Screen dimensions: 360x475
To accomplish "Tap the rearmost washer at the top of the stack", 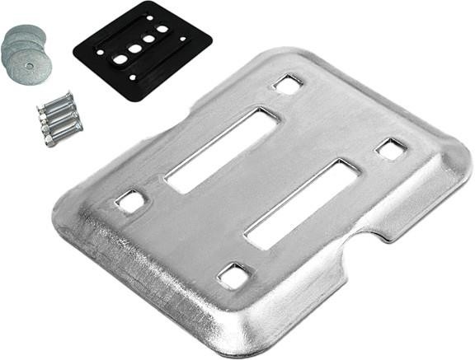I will tap(18, 35).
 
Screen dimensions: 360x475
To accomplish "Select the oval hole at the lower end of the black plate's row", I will tap(118, 60).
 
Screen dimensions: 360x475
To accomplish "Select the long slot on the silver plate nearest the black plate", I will tap(223, 149).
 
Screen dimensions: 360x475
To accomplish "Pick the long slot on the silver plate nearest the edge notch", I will tap(301, 203).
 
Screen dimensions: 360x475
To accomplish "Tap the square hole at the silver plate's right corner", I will tap(390, 149).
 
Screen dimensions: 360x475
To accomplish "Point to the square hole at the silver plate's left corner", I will tap(130, 200).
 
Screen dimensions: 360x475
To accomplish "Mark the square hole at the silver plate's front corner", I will tap(234, 275).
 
